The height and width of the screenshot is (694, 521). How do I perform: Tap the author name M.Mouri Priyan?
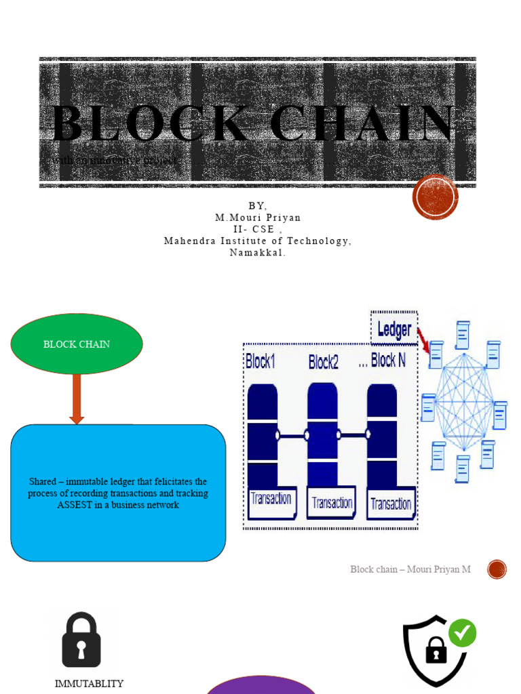click(258, 218)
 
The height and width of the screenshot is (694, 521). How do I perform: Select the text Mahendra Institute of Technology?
click(258, 241)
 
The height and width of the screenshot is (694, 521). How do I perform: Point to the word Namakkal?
click(258, 252)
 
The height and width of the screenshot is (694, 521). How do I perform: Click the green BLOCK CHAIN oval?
click(77, 344)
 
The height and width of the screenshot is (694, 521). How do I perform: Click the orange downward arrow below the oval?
click(77, 399)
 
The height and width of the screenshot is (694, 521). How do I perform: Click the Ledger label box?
click(394, 329)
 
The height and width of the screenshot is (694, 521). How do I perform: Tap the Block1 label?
click(260, 361)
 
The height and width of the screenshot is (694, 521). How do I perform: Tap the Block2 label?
click(323, 362)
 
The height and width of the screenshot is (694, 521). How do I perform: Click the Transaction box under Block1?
click(271, 500)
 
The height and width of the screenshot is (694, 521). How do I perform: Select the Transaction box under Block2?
click(332, 502)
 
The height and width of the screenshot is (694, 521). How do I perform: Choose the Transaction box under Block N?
click(391, 504)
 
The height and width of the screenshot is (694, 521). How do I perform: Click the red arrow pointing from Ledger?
click(423, 340)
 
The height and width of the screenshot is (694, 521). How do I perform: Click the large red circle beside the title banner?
click(436, 197)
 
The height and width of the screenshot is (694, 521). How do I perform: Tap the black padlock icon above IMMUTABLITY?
click(81, 640)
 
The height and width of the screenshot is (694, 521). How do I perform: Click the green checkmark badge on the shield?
click(462, 633)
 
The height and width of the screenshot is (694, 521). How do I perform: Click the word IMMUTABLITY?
click(90, 683)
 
